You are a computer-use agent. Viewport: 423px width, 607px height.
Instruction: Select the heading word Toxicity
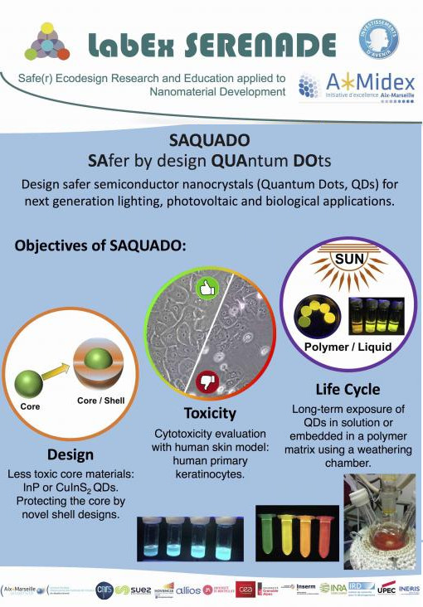point(210,414)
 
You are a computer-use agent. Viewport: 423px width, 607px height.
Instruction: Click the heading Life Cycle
point(348,389)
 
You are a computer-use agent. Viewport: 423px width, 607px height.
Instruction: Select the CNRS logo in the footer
point(105,590)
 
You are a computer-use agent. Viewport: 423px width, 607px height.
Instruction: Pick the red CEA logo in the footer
point(248,590)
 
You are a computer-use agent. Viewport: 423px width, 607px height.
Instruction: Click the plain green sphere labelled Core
point(33,381)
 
